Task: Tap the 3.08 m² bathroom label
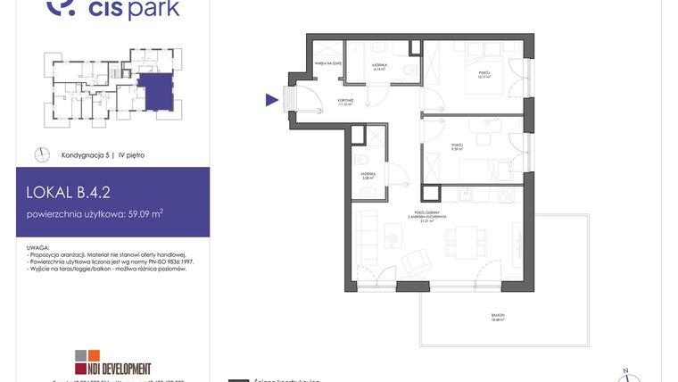[368, 175]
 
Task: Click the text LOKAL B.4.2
[69, 190]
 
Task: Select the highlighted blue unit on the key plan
[155, 91]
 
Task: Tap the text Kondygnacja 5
[87, 154]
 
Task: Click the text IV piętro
[131, 154]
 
